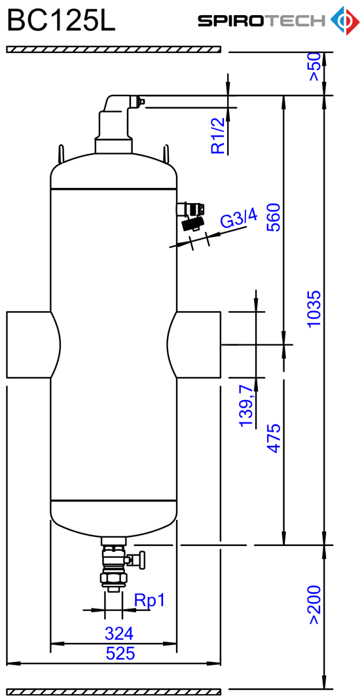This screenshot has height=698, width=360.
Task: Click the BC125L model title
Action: pos(61,20)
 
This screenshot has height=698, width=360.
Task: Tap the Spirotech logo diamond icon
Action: pos(344,20)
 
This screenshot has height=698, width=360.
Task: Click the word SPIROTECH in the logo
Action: pos(262,20)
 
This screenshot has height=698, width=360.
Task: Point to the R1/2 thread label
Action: pos(218,136)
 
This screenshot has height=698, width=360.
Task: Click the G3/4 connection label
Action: pos(239,221)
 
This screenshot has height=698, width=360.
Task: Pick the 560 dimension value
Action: pos(274,217)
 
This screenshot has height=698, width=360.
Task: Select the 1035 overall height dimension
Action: pos(314,308)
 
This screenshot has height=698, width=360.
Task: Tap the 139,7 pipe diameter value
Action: pos(247,407)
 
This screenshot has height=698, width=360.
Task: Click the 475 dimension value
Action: pos(274,439)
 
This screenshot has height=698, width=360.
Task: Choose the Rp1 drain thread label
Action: pos(150,601)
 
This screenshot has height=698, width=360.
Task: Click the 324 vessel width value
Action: pos(119,633)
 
